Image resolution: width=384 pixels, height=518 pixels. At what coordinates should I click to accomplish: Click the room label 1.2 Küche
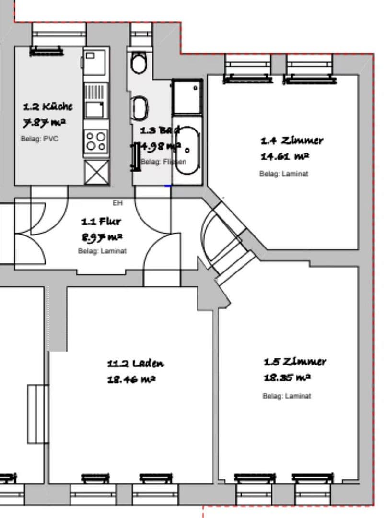click(48, 106)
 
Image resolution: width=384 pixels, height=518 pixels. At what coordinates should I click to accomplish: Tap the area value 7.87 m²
click(45, 123)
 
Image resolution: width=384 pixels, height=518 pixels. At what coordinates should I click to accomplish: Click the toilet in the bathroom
click(139, 62)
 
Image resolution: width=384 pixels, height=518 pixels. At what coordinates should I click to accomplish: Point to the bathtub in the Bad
click(186, 149)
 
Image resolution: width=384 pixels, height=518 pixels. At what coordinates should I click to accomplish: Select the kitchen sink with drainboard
click(95, 100)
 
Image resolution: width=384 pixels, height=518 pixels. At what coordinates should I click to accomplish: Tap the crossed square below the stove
click(96, 172)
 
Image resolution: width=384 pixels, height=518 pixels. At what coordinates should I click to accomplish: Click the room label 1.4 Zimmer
click(291, 141)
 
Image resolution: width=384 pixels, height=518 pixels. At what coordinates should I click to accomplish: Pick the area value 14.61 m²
click(284, 156)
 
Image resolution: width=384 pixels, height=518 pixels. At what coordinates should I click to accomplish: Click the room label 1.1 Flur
click(101, 222)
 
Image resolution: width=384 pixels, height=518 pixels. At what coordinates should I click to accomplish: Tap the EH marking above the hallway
click(117, 203)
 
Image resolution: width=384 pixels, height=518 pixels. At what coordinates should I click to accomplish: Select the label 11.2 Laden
click(135, 364)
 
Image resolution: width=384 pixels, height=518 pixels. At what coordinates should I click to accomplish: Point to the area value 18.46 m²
click(131, 380)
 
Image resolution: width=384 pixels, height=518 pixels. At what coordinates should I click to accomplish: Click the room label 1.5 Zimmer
click(294, 362)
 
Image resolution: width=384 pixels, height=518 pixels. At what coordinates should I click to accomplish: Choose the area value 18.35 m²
click(287, 377)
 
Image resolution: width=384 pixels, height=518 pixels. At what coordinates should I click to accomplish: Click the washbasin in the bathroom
click(139, 108)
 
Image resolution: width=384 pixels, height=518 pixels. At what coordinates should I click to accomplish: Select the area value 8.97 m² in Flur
click(101, 237)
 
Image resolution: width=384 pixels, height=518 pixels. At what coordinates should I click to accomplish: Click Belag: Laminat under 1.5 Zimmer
click(287, 396)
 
